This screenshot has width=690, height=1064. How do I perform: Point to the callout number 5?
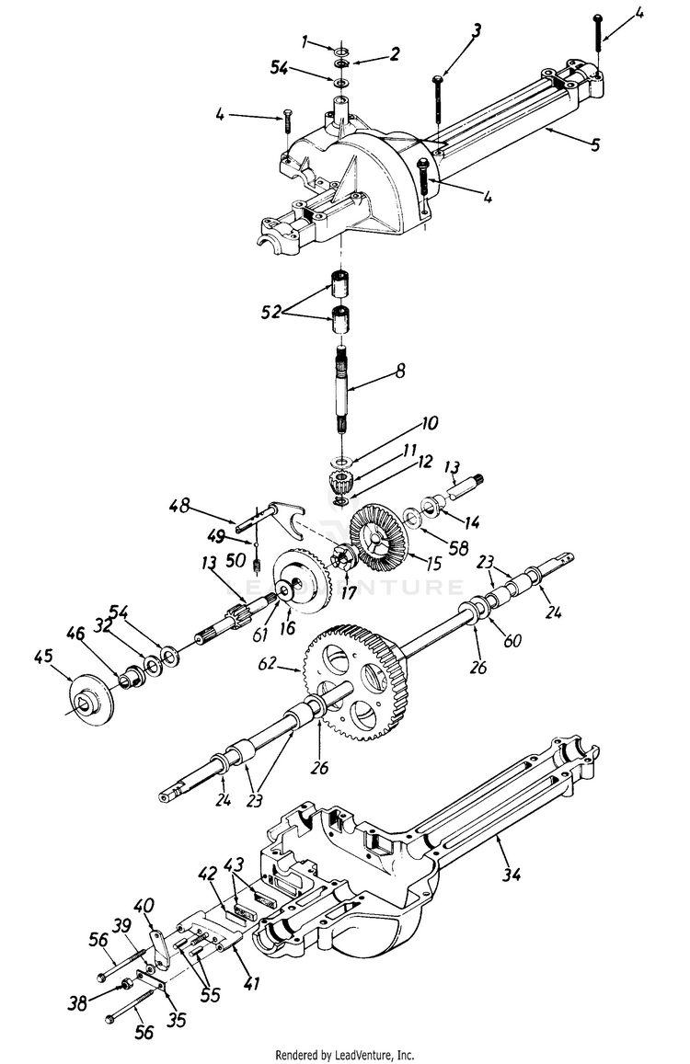pyautogui.click(x=595, y=144)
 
